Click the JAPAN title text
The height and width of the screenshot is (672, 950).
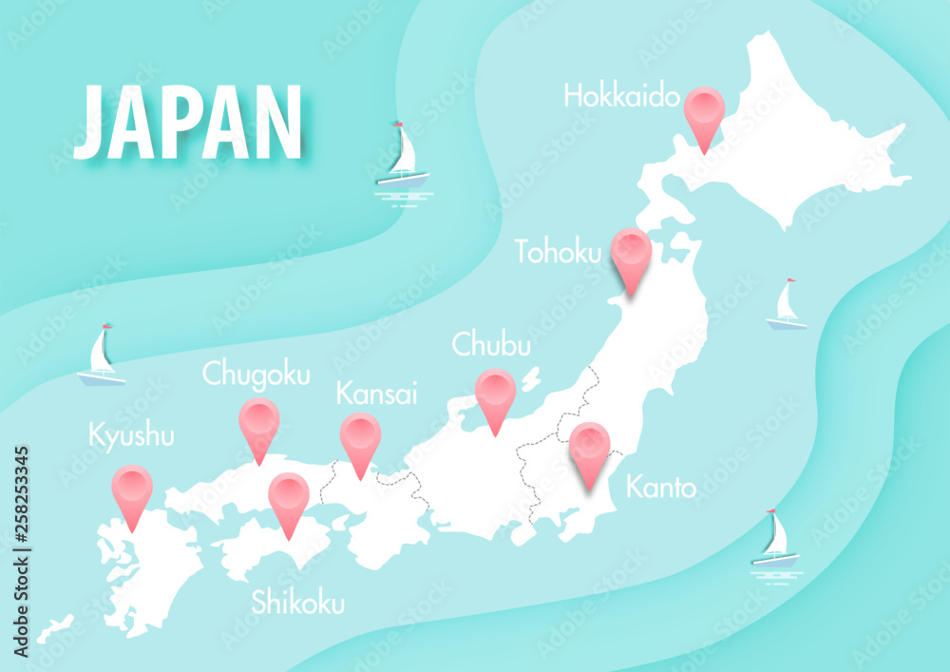[188, 122]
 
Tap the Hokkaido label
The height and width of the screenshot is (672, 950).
[621, 96]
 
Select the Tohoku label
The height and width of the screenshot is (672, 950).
[558, 252]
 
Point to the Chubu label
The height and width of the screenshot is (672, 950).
[491, 344]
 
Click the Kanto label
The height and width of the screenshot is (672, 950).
[661, 489]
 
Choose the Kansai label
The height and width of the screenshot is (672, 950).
[376, 393]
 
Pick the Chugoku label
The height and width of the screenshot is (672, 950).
[256, 374]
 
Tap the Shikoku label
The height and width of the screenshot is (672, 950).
[298, 603]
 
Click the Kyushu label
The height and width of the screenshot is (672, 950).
[131, 436]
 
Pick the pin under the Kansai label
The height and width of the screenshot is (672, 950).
[360, 438]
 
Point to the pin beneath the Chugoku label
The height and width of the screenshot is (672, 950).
[259, 424]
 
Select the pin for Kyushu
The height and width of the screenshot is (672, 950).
[132, 490]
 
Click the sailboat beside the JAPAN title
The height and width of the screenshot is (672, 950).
[404, 157]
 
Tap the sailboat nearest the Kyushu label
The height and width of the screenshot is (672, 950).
[101, 357]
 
